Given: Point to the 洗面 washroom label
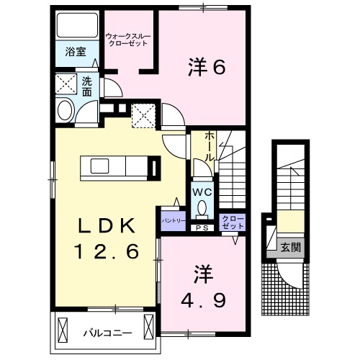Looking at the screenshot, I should [86, 86].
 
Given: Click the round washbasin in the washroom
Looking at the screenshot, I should [63, 112].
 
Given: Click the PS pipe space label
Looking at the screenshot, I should [201, 228].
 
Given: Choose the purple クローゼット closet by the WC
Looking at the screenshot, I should [232, 222].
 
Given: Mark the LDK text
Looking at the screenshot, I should [107, 226].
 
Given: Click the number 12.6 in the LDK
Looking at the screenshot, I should [107, 253].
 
